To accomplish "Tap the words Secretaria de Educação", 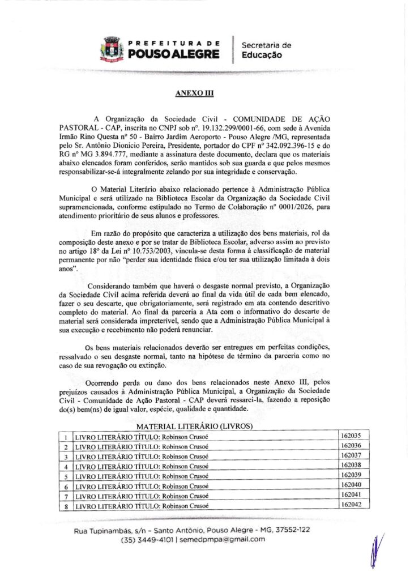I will coord(266,50).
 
